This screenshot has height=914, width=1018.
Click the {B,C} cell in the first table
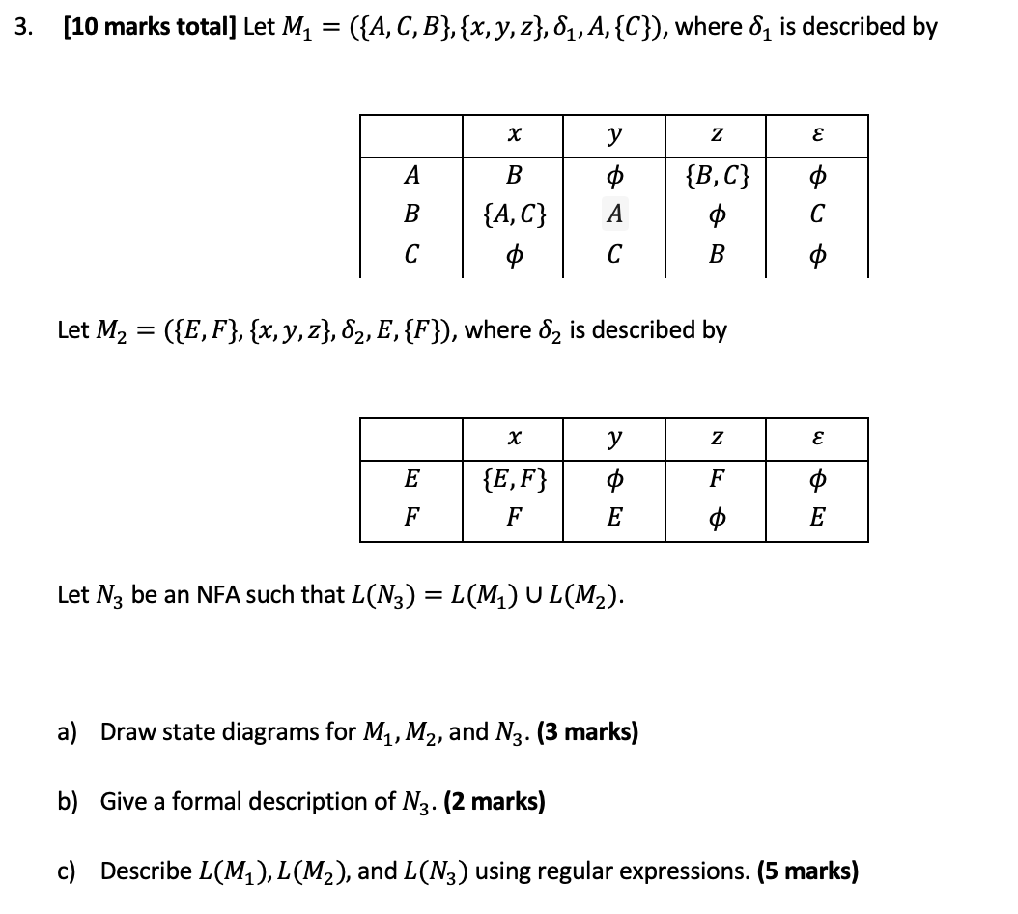pyautogui.click(x=716, y=177)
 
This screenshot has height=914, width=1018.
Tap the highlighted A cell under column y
pyautogui.click(x=614, y=214)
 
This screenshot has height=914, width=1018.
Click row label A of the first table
pyautogui.click(x=411, y=177)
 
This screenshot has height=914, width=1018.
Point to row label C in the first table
pyautogui.click(x=411, y=256)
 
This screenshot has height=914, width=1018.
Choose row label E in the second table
pyautogui.click(x=411, y=478)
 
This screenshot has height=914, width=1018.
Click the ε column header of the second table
pyautogui.click(x=817, y=439)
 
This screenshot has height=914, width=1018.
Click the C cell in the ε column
pyautogui.click(x=817, y=214)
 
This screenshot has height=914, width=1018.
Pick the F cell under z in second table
pyautogui.click(x=716, y=478)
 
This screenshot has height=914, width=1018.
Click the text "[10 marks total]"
pyautogui.click(x=150, y=26)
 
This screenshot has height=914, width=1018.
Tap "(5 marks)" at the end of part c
pyautogui.click(x=807, y=871)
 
